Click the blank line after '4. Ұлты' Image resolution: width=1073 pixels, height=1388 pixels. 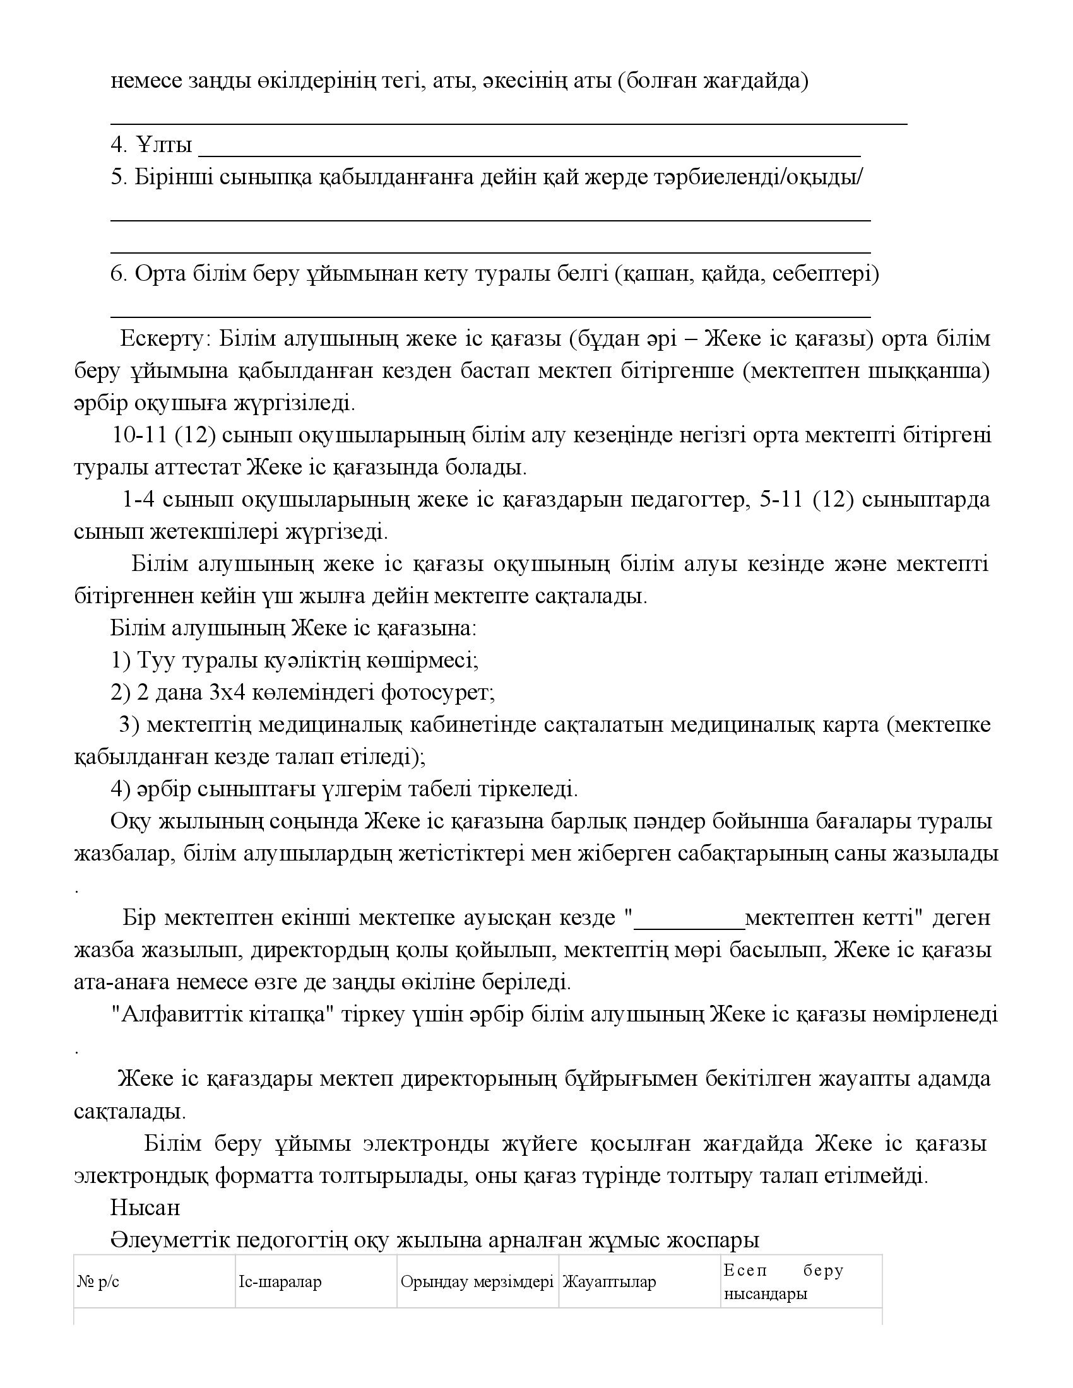tap(529, 153)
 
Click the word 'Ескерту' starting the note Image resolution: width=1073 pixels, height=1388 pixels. tap(162, 338)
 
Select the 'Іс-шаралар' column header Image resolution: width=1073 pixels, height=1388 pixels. tap(280, 1282)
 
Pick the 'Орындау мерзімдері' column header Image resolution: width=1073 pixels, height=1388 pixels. tap(477, 1282)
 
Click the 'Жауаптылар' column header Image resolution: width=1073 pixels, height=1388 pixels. tap(608, 1282)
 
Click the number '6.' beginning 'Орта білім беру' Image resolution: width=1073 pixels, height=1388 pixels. tap(119, 274)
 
